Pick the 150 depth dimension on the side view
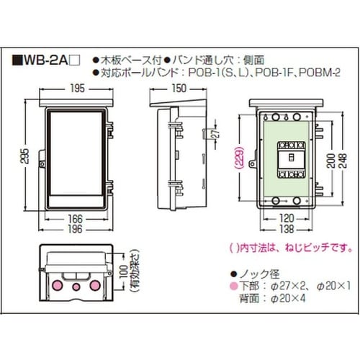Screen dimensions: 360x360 pyautogui.click(x=181, y=90)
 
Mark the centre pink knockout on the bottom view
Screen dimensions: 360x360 pyautogui.click(x=76, y=287)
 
